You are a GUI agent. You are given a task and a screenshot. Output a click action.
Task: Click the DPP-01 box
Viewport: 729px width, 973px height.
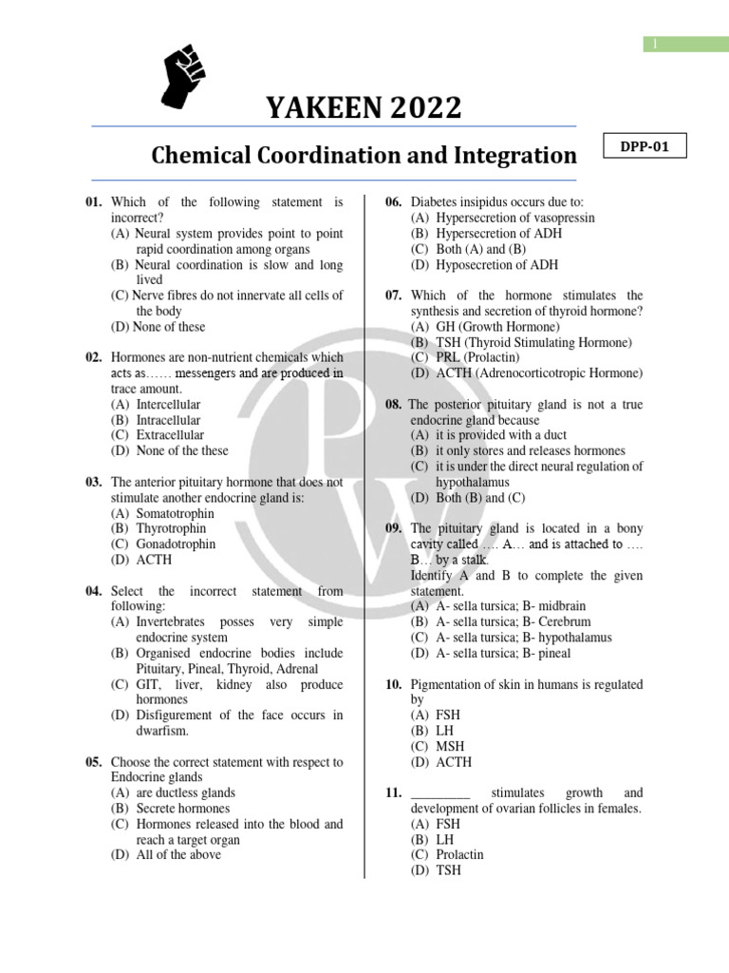[x=645, y=147]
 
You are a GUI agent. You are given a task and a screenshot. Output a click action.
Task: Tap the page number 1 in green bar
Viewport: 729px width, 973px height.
[x=653, y=44]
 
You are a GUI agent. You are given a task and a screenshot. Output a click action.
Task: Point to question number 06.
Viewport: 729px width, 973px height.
[x=396, y=202]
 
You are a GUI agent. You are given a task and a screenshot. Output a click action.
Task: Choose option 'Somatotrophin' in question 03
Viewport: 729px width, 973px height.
[x=162, y=513]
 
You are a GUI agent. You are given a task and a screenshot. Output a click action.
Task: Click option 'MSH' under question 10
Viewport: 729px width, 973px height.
[x=449, y=747]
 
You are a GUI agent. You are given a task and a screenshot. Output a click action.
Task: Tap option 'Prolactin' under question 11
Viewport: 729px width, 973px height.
[x=458, y=854]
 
